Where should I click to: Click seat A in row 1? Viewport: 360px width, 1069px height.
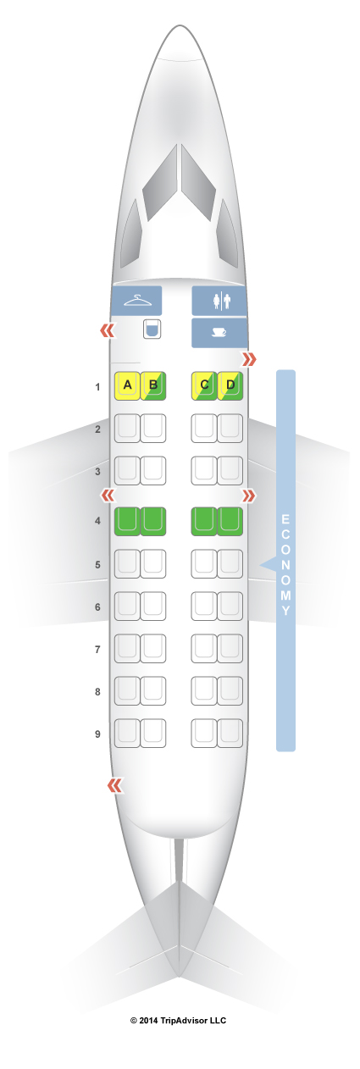click(x=127, y=385)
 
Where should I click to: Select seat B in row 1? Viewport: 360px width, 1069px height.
click(x=153, y=385)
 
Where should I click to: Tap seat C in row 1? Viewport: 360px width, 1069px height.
click(x=204, y=385)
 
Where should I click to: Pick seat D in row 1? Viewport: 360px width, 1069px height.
click(x=230, y=385)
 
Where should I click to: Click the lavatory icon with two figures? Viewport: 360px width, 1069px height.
click(x=220, y=302)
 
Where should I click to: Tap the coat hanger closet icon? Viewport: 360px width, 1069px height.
click(x=136, y=302)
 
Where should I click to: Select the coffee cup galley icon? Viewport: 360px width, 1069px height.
click(x=219, y=333)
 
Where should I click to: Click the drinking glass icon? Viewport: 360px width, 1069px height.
click(x=152, y=330)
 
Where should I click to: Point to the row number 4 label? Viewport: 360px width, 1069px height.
click(x=98, y=521)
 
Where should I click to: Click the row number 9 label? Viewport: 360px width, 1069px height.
click(x=98, y=734)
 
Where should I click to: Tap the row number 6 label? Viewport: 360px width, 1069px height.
click(x=98, y=607)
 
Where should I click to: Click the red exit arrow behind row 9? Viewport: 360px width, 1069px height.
click(x=115, y=785)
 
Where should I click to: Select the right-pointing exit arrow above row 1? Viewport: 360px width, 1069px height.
click(x=249, y=359)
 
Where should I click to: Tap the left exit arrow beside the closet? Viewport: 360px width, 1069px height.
click(x=108, y=330)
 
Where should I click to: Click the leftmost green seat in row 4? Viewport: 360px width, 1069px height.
click(x=127, y=521)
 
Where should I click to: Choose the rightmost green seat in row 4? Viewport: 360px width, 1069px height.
click(x=230, y=521)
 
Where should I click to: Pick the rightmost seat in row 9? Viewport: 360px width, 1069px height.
click(x=230, y=733)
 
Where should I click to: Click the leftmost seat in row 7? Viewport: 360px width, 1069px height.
click(x=127, y=649)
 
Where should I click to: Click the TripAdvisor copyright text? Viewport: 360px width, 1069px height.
click(x=178, y=1021)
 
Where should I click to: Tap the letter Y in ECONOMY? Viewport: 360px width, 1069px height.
click(x=285, y=611)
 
